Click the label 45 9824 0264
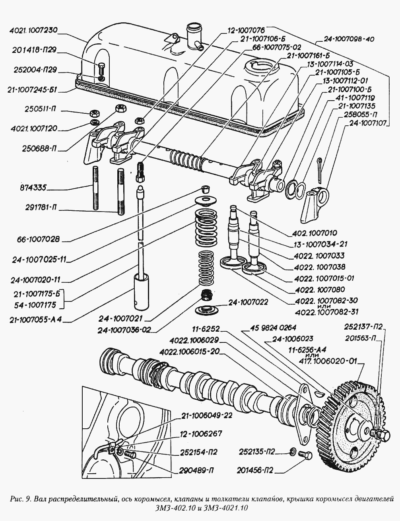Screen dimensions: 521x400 tap(273, 328)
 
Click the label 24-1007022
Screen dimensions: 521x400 tap(248, 303)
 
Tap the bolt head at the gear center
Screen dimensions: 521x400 tap(384, 435)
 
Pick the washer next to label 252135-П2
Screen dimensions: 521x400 tap(292, 451)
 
